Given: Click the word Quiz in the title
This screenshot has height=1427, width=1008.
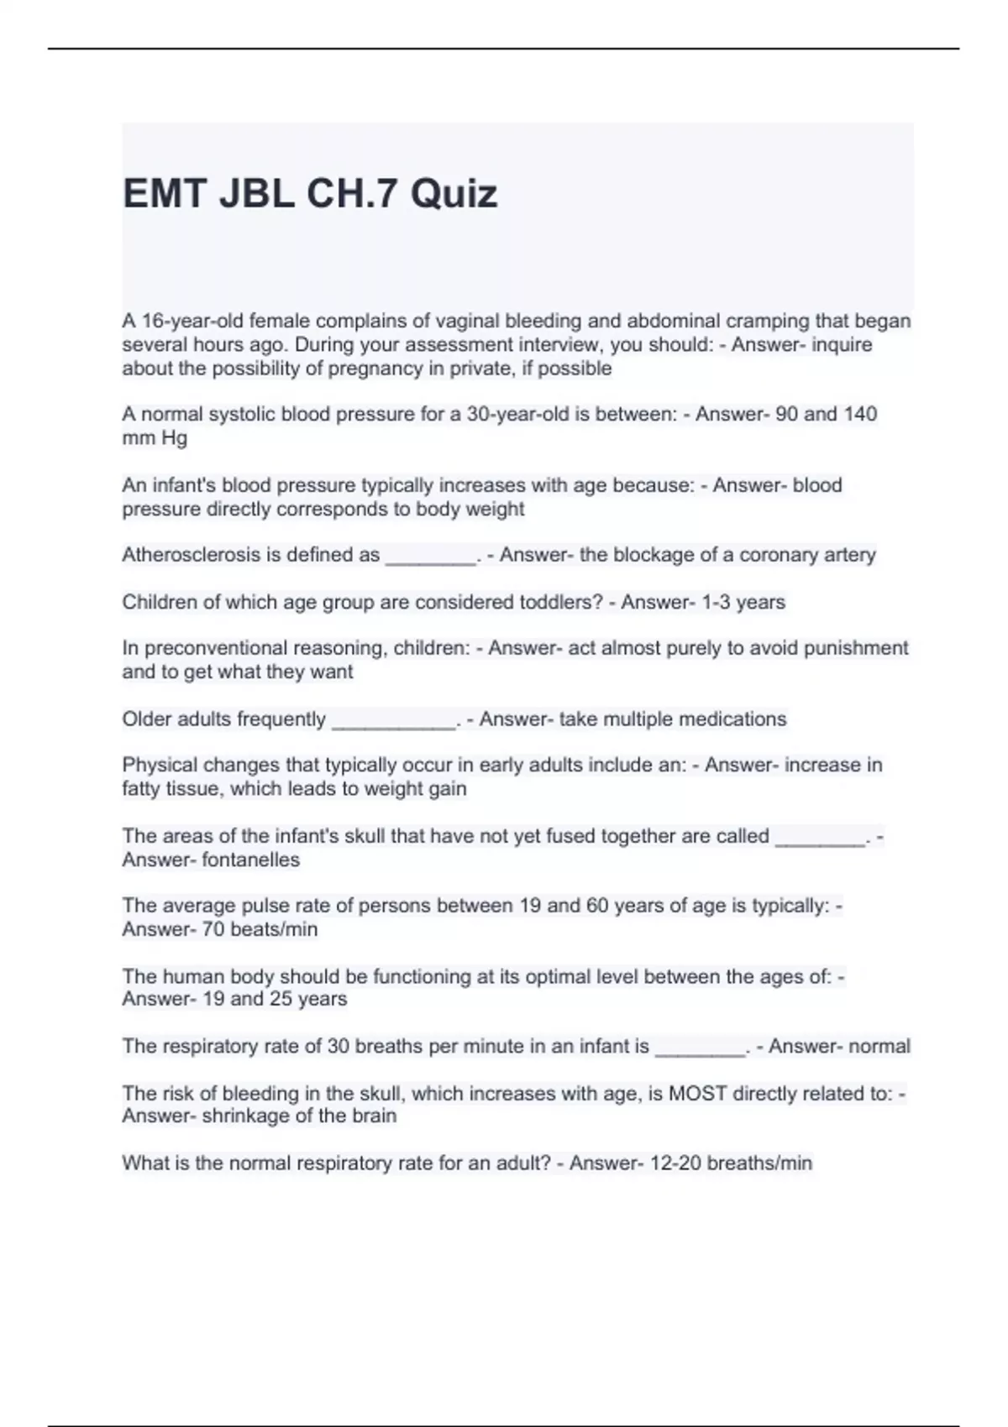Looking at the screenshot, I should pyautogui.click(x=454, y=194).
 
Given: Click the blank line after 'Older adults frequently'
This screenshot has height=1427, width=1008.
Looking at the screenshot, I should pyautogui.click(x=393, y=722).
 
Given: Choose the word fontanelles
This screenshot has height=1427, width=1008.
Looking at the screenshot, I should pyautogui.click(x=250, y=860).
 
